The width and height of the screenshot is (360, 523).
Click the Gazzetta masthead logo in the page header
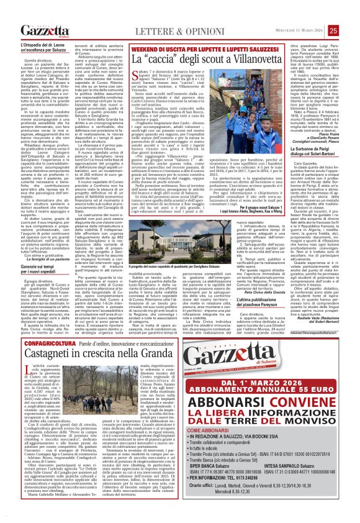44,30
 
